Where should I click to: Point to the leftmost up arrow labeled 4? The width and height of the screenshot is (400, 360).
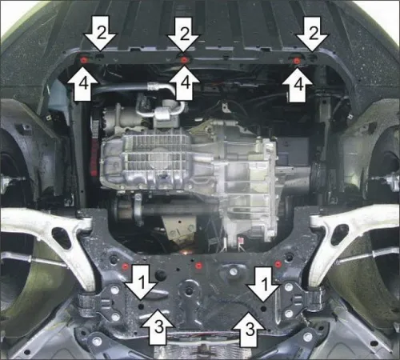coord(82,82)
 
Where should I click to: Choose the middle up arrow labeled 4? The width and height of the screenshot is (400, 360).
coord(184,82)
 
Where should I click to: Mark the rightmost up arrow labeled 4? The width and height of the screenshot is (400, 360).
coord(298,82)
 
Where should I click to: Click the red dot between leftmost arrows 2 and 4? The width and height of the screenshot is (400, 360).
coord(84,59)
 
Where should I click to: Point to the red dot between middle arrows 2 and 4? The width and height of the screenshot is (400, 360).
coord(184,59)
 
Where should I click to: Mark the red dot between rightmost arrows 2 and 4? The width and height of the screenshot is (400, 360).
coord(297,60)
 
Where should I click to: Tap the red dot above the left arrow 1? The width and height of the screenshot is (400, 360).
coord(126,264)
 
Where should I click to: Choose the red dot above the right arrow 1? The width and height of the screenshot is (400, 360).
coord(277,264)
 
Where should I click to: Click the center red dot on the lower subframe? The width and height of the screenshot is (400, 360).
coord(199,265)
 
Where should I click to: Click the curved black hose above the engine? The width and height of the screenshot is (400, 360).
coord(132,90)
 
